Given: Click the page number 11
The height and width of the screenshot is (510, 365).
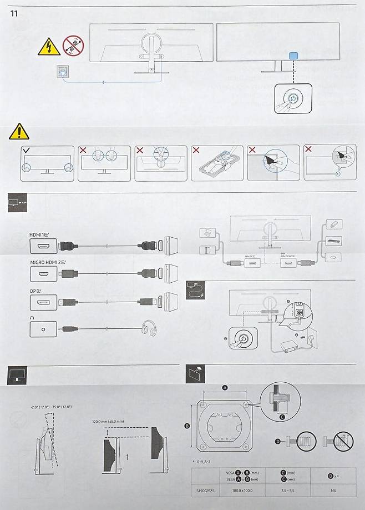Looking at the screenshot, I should coord(15,13).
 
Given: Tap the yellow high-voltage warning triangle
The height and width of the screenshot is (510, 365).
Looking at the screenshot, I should coord(49,47).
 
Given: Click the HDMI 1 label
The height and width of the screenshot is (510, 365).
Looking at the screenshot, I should coord(39,235).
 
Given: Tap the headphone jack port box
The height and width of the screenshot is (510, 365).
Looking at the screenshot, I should coord(43,328).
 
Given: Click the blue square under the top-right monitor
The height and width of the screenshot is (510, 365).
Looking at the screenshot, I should coord(293,56).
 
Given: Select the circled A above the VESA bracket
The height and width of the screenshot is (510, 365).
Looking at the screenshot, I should coord(225,388).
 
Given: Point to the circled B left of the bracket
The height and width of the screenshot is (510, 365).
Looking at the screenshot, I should coord(187,426).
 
